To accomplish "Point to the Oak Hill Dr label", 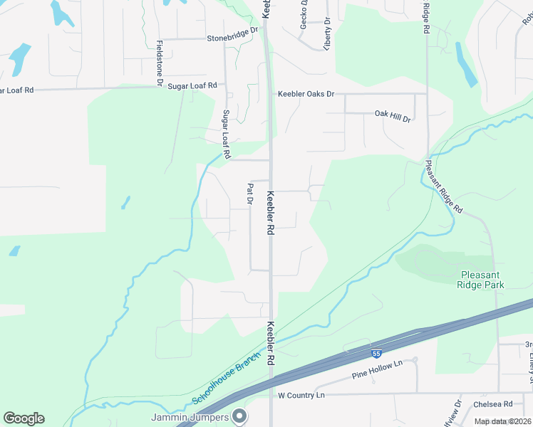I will pyautogui.click(x=393, y=114).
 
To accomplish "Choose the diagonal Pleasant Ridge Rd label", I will pyautogui.click(x=444, y=186).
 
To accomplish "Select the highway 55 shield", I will pyautogui.click(x=376, y=353).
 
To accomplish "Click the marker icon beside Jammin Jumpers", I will pyautogui.click(x=240, y=416).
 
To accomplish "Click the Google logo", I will pyautogui.click(x=24, y=418).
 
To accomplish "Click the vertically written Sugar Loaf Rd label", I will pyautogui.click(x=226, y=135).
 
